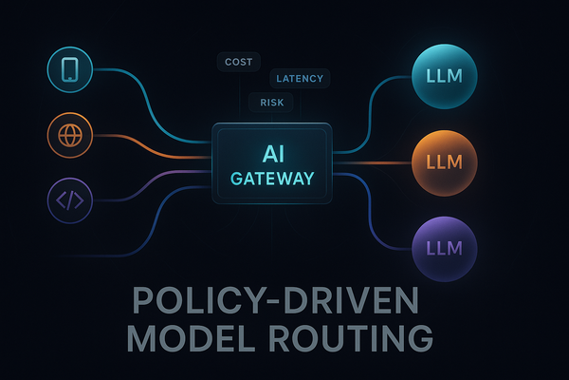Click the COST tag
tap(239, 62)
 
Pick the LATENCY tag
tap(298, 79)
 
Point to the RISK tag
tap(271, 102)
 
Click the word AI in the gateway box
tap(274, 152)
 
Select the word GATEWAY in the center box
tap(274, 178)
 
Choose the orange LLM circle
tap(445, 161)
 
